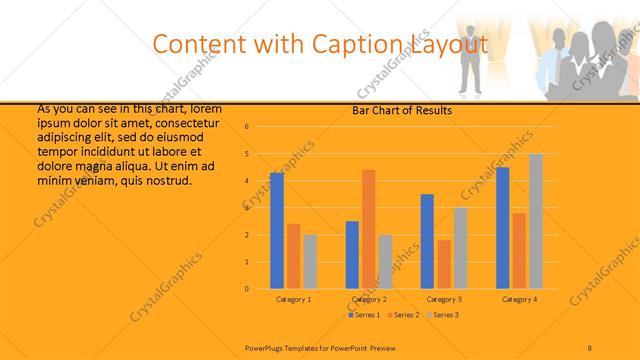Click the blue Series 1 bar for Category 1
point(277,231)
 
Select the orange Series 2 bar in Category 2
point(369,229)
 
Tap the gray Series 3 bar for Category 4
point(536,221)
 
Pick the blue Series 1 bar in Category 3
point(427,241)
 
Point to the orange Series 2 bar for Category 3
point(444,264)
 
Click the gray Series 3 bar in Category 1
point(310,262)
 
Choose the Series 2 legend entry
point(403,315)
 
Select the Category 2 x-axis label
point(369,299)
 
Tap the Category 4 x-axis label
point(519,299)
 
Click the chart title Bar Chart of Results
point(402,110)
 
